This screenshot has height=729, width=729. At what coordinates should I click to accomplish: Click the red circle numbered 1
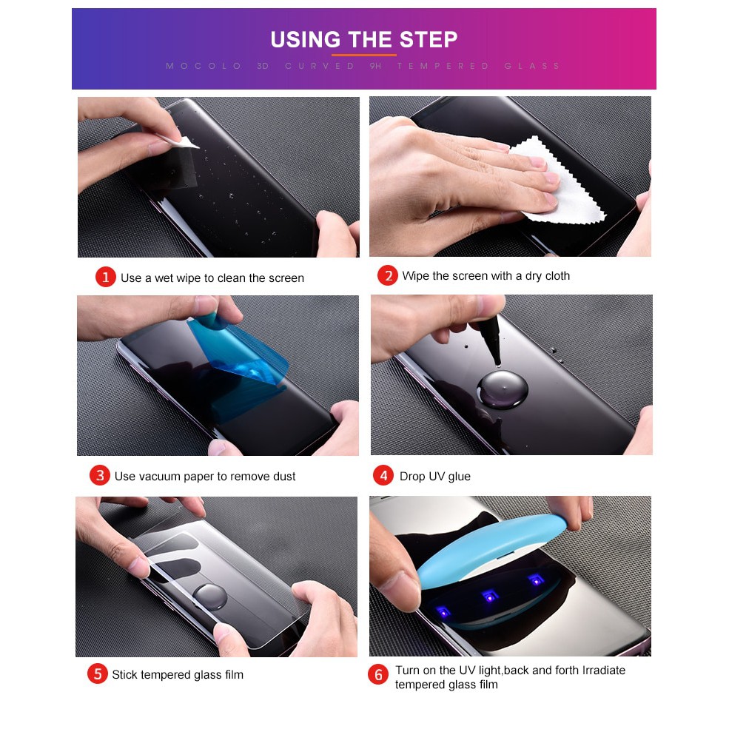106,277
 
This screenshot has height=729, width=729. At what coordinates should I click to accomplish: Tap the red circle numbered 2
388,275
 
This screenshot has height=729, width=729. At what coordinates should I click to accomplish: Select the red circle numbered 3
99,475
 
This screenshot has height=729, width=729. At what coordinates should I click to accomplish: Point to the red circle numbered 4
383,475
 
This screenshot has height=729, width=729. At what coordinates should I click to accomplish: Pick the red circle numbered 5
97,673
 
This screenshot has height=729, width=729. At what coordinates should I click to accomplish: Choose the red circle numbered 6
378,675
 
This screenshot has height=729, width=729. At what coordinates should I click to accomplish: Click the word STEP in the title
429,39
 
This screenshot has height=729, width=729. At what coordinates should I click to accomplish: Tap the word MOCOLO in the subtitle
204,66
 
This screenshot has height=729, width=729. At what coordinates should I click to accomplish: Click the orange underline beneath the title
363,55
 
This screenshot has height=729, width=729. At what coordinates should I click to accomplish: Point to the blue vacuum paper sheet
240,353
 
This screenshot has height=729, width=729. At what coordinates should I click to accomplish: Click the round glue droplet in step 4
502,389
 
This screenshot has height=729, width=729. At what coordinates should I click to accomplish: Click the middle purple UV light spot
489,596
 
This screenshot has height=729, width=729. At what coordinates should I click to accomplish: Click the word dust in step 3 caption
283,476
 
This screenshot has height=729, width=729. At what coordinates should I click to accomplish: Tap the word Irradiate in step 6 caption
604,670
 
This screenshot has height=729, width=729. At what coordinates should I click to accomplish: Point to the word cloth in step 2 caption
557,276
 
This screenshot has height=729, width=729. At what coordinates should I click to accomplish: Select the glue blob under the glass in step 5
210,597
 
